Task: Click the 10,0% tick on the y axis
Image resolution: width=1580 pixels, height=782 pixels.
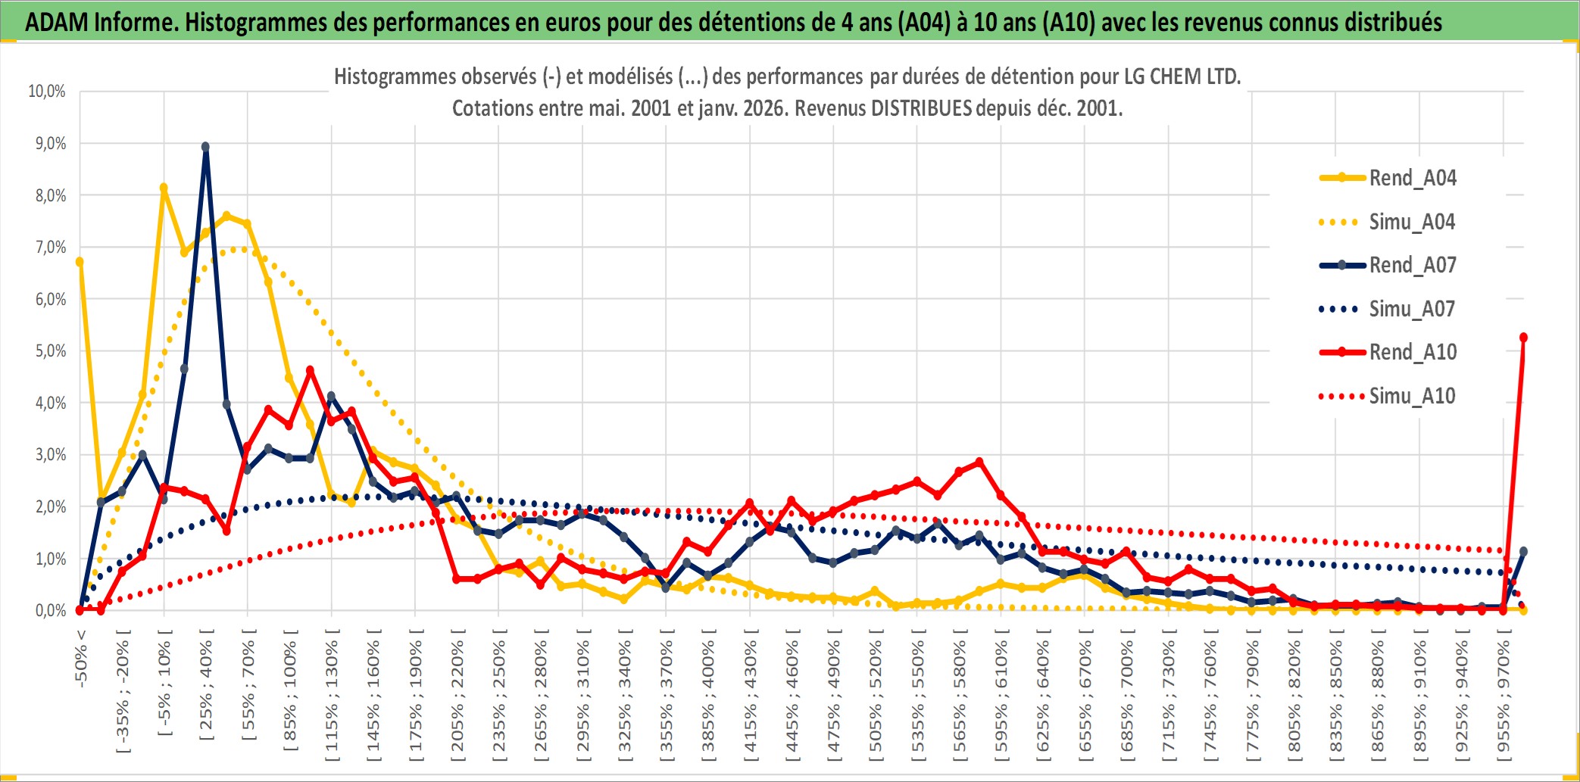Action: pos(47,92)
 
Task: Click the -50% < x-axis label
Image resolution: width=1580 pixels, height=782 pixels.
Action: pos(81,659)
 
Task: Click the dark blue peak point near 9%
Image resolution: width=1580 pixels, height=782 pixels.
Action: pos(205,147)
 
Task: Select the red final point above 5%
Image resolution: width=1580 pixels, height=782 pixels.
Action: pos(1523,338)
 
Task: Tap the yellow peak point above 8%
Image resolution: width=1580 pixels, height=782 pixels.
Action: pos(164,188)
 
